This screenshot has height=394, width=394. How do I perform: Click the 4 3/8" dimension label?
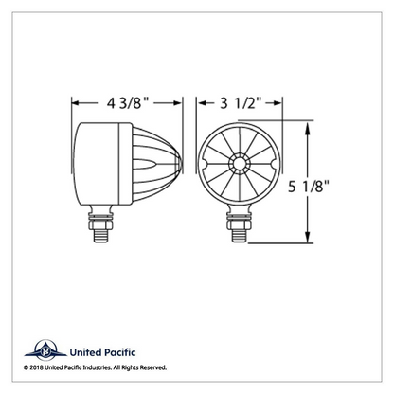pos(128,103)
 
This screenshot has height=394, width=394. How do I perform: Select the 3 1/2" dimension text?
pos(241,103)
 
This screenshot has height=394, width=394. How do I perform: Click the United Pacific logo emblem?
pos(45,350)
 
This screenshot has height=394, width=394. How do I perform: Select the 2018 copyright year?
pos(36,367)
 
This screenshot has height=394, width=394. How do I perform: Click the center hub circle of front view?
pos(239,164)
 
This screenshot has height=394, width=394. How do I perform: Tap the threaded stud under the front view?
pos(239,236)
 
